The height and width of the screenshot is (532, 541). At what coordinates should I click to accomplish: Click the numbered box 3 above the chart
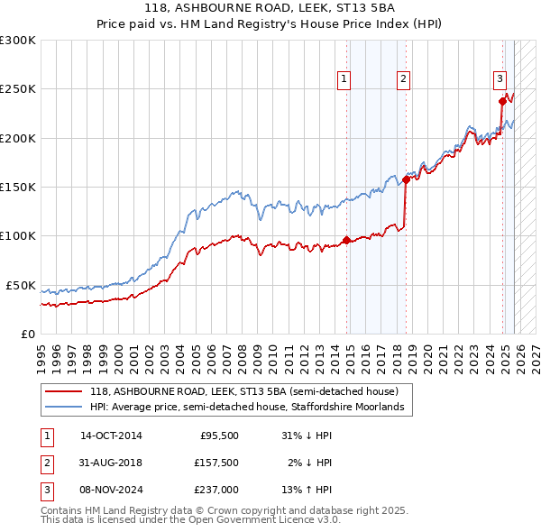[500, 78]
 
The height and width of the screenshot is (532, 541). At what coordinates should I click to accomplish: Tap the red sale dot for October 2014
[346, 240]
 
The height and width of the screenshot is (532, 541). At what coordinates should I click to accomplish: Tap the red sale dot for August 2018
[406, 179]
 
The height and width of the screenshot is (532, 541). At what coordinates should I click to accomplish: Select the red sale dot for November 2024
[503, 101]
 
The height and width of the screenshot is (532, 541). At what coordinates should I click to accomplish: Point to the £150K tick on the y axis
[18, 187]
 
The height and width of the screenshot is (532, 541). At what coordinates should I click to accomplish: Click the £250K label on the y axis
[18, 89]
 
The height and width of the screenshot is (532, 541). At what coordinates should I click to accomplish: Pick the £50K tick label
[22, 285]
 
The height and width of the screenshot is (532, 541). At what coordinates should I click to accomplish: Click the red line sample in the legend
[64, 391]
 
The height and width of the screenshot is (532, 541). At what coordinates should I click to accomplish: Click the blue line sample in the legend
[64, 408]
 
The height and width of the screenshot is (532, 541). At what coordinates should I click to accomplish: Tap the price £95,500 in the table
[219, 435]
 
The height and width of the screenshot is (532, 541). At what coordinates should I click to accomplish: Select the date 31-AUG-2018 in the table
[112, 463]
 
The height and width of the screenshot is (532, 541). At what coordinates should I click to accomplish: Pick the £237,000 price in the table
[217, 491]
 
